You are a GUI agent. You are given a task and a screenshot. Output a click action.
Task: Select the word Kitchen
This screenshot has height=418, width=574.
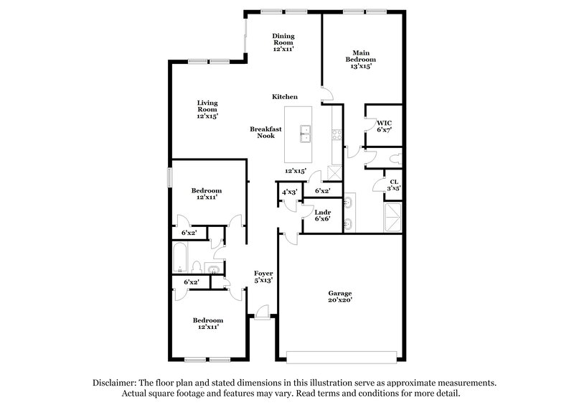point(284,97)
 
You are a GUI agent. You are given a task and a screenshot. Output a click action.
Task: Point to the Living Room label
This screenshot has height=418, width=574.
point(207,108)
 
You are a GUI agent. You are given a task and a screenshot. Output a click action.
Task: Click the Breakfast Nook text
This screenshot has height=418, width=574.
point(265,132)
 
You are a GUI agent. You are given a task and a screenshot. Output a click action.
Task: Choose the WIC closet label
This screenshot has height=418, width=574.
point(385,126)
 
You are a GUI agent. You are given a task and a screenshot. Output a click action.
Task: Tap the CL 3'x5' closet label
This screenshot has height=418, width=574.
point(394,185)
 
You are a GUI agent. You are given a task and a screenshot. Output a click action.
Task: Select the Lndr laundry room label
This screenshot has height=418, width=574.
point(322,215)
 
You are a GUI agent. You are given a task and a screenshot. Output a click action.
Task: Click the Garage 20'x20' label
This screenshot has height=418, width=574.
point(341,297)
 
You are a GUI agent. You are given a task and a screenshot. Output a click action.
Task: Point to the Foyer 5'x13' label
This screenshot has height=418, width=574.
point(263,277)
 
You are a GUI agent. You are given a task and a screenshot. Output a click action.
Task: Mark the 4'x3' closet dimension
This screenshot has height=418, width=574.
point(290,192)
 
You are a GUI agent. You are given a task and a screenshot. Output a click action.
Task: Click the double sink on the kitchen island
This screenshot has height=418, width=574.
point(306,131)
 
